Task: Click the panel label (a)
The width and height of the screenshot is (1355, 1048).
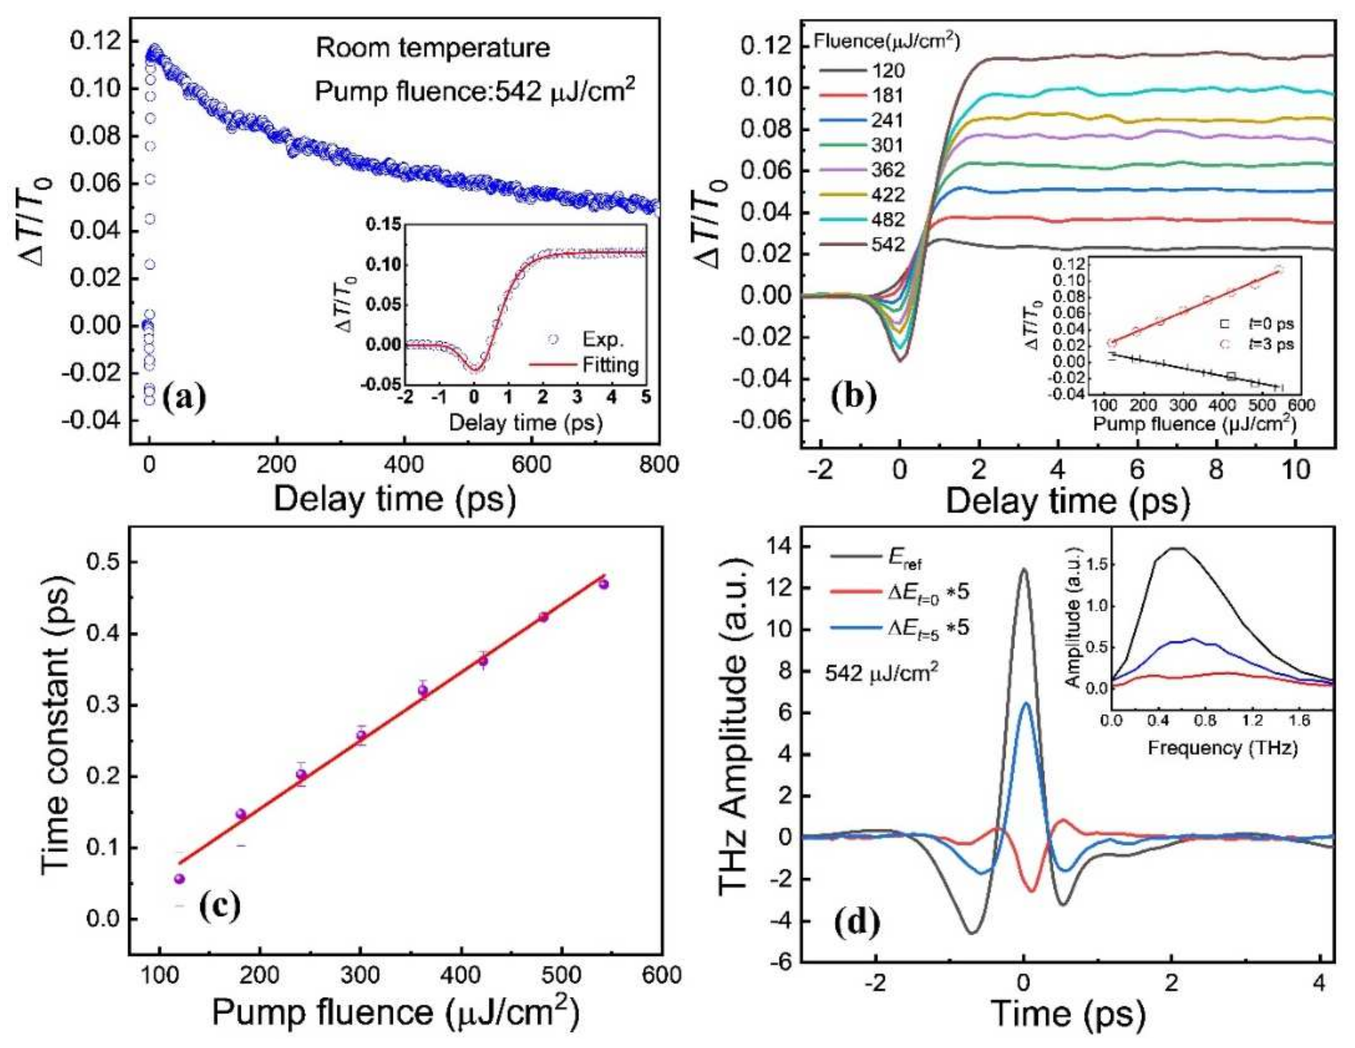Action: pos(184,399)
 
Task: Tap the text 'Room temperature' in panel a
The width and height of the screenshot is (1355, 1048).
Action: pos(433,48)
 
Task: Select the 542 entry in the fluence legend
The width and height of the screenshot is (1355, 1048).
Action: pos(888,244)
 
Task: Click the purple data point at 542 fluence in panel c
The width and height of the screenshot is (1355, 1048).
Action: pos(603,584)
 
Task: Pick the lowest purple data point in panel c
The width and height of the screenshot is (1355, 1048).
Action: pos(180,879)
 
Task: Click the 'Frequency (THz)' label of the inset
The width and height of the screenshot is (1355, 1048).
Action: pos(1222,748)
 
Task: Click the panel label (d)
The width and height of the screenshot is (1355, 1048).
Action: pos(857,923)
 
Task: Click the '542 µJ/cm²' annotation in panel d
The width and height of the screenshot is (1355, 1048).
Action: pos(880,673)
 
